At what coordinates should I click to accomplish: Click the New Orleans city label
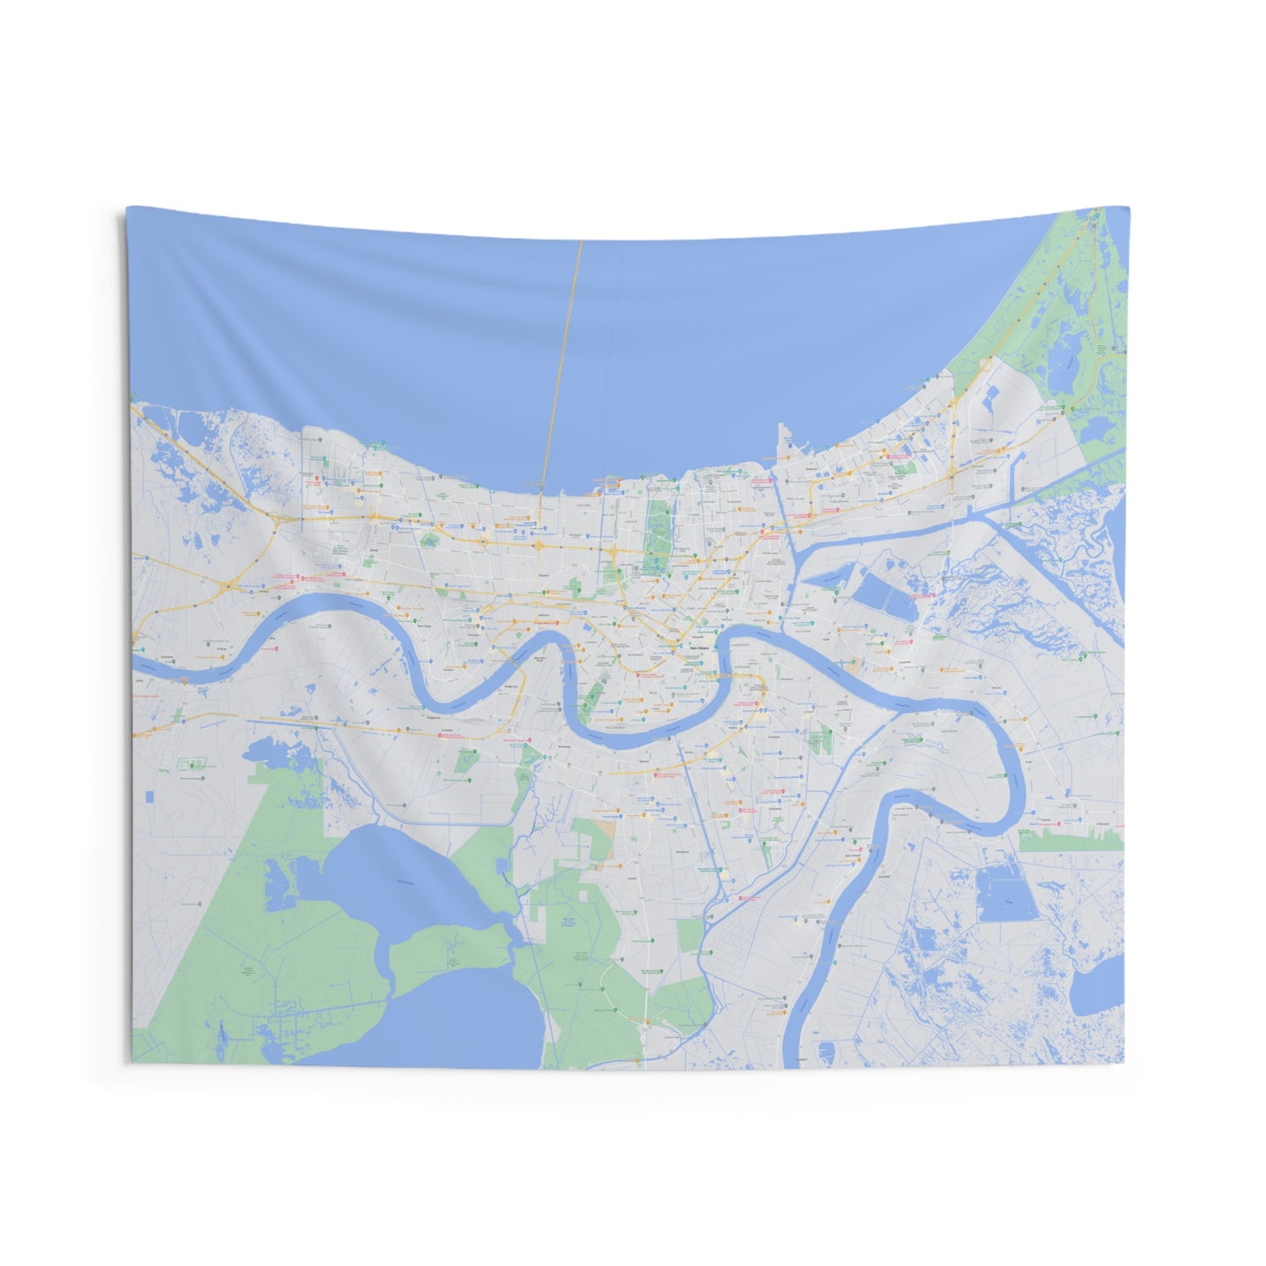click(x=698, y=647)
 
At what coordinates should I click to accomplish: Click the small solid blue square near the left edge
click(x=149, y=796)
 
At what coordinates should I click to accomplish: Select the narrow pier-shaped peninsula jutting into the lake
click(x=782, y=442)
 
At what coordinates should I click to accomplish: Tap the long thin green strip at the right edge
click(x=1071, y=843)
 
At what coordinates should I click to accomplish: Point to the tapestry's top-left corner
click(x=127, y=208)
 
